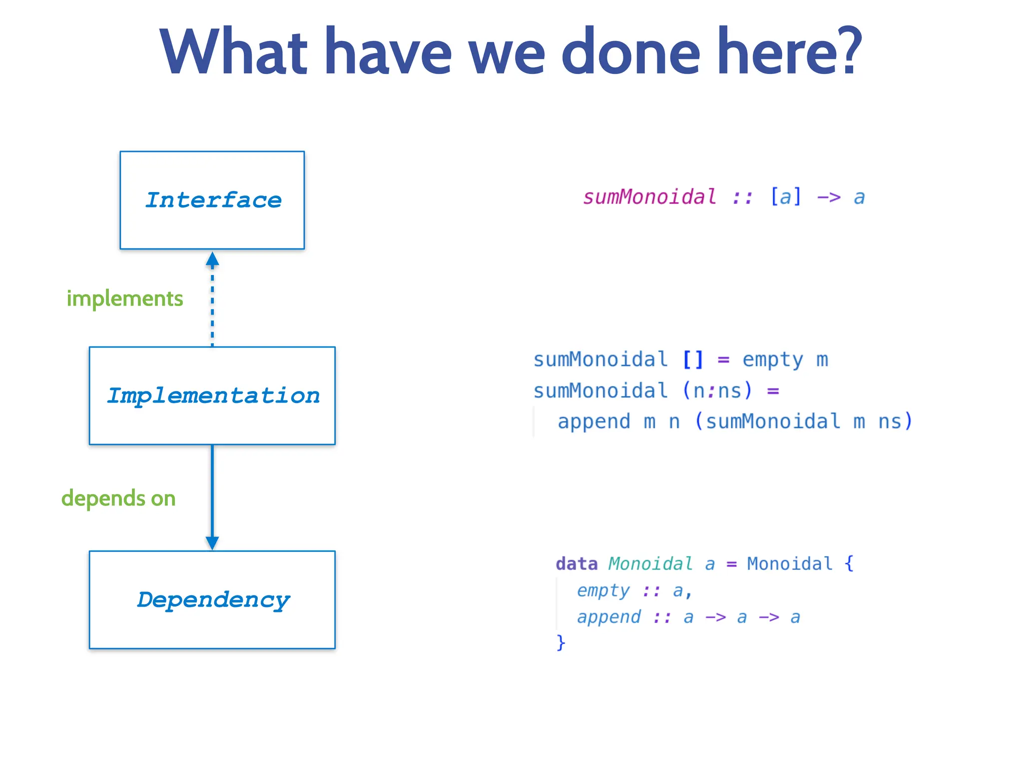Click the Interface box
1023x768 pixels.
[x=212, y=200]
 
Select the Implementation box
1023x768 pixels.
[x=212, y=395]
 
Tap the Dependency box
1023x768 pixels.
[x=212, y=599]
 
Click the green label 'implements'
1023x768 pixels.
[x=125, y=299]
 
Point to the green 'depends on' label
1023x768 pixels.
[x=118, y=498]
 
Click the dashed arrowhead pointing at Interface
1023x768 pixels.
[x=212, y=259]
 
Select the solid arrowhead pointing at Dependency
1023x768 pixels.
[x=212, y=542]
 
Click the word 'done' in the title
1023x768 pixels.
[x=631, y=52]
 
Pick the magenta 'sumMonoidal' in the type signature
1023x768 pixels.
[x=649, y=197]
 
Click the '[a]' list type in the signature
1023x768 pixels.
[x=786, y=197]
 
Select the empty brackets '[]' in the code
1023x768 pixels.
[x=693, y=359]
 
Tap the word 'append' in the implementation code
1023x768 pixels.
[x=594, y=421]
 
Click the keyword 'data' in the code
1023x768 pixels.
[x=576, y=564]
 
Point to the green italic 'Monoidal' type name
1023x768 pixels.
[x=650, y=564]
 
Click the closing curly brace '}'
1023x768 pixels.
[x=560, y=642]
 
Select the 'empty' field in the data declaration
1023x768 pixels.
[x=603, y=590]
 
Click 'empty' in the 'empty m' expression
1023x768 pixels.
[x=772, y=359]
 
